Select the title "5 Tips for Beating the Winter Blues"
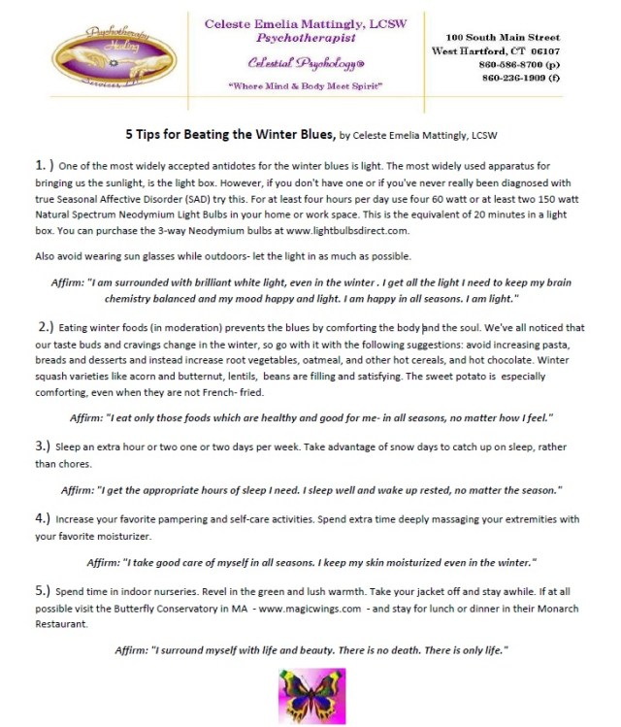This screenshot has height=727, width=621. point(230,133)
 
